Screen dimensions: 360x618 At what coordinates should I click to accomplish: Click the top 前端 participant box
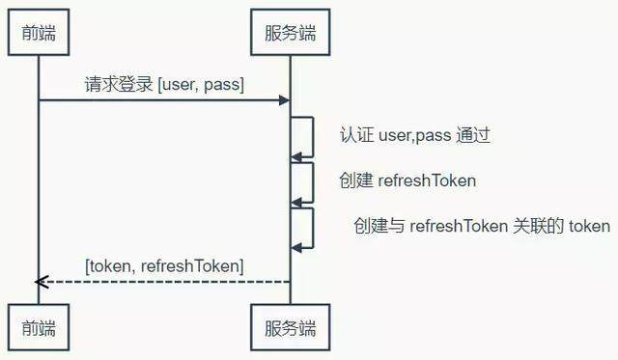(38, 34)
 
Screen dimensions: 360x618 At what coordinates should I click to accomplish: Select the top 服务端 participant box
(290, 34)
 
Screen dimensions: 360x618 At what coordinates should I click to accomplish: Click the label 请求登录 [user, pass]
(164, 85)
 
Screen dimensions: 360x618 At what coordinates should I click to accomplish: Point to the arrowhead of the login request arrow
(285, 100)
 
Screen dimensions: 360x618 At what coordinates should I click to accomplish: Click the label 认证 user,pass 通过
(415, 135)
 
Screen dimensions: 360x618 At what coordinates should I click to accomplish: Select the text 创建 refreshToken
(407, 180)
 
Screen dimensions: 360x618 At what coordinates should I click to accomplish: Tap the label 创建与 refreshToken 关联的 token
(482, 226)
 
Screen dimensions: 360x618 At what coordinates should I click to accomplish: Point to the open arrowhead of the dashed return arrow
(41, 281)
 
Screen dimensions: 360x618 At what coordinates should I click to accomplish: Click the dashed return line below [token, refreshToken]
(164, 281)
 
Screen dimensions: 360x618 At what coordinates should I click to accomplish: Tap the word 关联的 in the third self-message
(550, 226)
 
